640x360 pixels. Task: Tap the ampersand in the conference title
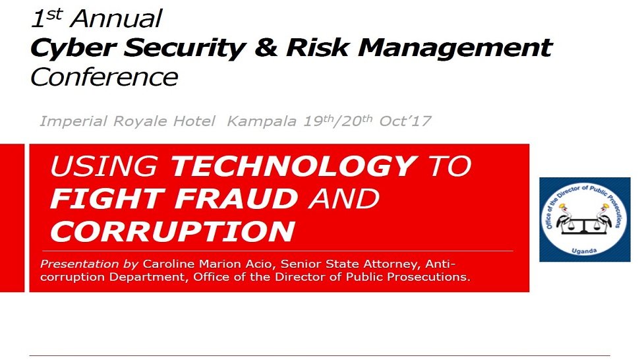click(266, 47)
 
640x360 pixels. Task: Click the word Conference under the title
click(105, 77)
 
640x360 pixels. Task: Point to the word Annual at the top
click(116, 18)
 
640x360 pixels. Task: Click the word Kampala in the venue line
click(262, 121)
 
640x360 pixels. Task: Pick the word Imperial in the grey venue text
click(74, 121)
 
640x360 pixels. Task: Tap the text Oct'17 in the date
click(405, 121)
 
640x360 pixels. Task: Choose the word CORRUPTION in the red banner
click(173, 231)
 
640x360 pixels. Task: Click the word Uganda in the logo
click(584, 251)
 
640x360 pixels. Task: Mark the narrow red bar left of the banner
click(13, 218)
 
